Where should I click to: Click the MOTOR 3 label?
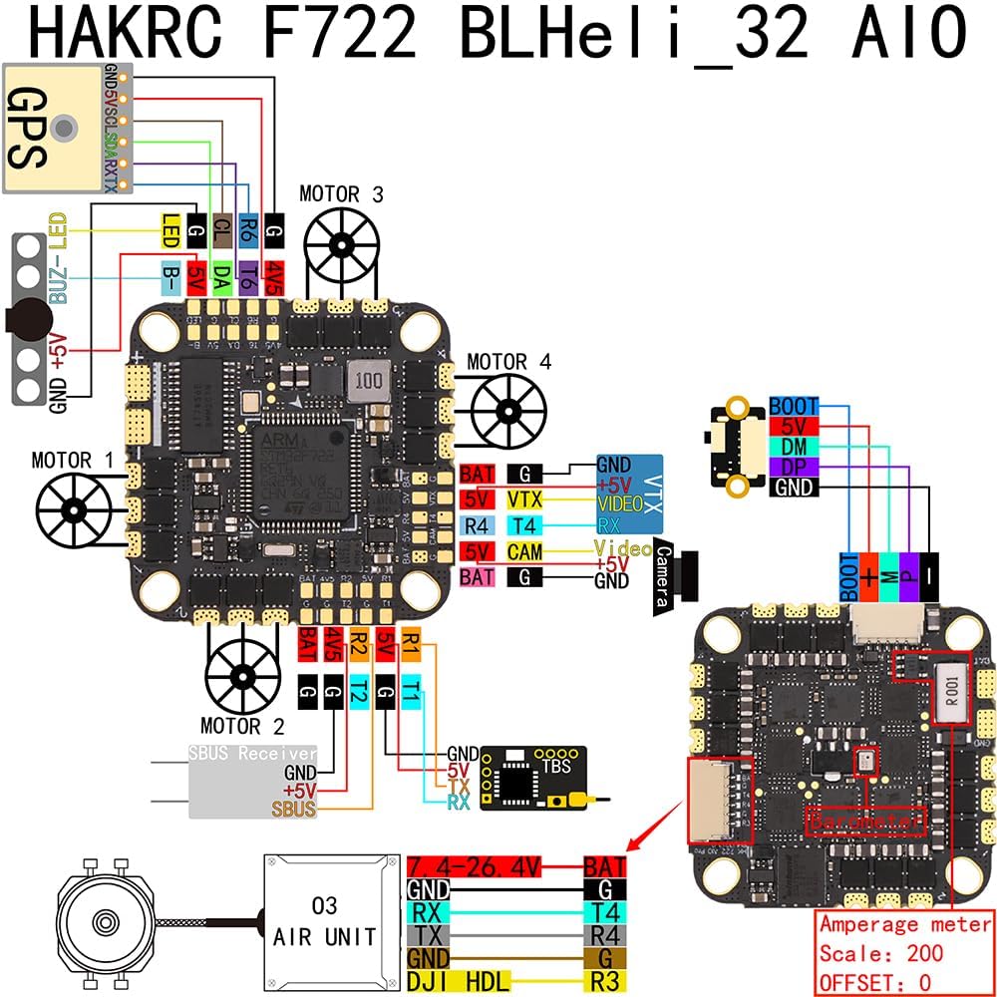point(341,194)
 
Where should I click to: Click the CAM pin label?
point(524,551)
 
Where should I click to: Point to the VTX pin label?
point(524,499)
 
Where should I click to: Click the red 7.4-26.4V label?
point(474,867)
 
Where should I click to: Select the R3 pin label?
point(604,982)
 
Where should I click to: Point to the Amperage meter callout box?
point(904,952)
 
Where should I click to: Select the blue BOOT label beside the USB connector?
point(794,407)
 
